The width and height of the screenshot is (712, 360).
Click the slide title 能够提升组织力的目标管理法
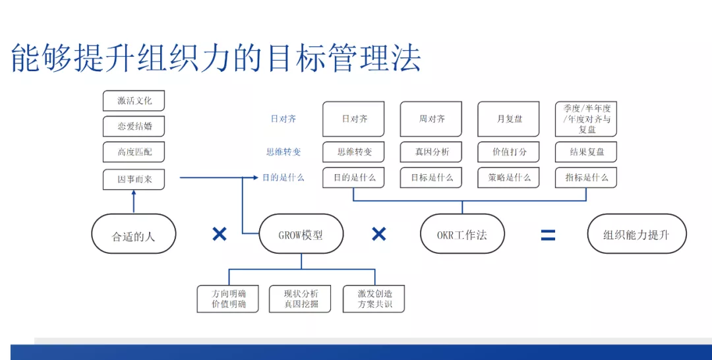(x=216, y=58)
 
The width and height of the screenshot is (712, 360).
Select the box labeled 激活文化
(x=134, y=101)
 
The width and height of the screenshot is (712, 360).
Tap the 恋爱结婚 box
(x=134, y=127)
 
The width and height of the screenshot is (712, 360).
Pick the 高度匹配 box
(x=134, y=152)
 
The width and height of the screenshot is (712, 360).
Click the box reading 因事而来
(x=134, y=179)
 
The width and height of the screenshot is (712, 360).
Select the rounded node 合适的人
(x=134, y=234)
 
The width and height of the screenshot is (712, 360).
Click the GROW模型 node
(x=301, y=234)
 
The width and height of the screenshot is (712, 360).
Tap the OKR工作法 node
(x=461, y=234)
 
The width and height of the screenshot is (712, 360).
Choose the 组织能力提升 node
(x=636, y=234)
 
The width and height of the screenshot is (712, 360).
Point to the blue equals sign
(x=548, y=235)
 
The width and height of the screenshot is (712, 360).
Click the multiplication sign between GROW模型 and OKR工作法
(x=378, y=234)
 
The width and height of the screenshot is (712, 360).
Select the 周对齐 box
(x=432, y=119)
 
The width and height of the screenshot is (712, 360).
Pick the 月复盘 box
(x=509, y=119)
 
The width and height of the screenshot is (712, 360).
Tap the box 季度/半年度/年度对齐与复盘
(x=586, y=119)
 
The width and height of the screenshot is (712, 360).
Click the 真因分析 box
(x=432, y=152)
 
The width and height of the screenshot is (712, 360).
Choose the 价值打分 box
(x=509, y=152)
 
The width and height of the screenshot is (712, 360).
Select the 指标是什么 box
(x=586, y=177)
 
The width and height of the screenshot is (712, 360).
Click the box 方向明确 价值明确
(x=228, y=299)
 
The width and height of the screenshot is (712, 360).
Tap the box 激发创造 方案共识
(x=374, y=299)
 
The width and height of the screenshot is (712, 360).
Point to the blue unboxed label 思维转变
(x=283, y=152)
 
